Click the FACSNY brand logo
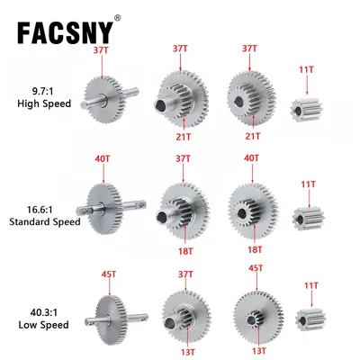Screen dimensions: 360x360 point(65,32)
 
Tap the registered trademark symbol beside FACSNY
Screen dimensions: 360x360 point(118,18)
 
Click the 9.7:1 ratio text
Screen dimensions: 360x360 point(44,91)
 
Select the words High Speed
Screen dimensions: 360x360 point(44,103)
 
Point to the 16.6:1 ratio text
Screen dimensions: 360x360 point(40,210)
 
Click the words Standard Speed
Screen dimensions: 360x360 point(45,222)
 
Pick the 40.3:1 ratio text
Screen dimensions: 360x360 point(43,312)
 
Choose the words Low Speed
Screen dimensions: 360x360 point(44,325)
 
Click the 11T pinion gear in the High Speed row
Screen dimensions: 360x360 point(307,109)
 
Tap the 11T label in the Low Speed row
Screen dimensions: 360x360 point(311,285)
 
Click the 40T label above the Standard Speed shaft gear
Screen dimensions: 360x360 point(103,158)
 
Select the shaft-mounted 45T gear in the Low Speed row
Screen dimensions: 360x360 point(116,319)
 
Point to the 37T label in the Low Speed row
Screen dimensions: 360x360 point(185,274)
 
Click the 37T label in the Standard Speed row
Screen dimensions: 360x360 point(183,158)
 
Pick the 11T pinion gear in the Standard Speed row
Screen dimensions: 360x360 point(308,219)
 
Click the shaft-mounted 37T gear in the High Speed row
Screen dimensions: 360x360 point(110,99)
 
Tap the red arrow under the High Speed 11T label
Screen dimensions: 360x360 point(307,85)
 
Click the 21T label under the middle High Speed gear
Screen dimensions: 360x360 point(184,137)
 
